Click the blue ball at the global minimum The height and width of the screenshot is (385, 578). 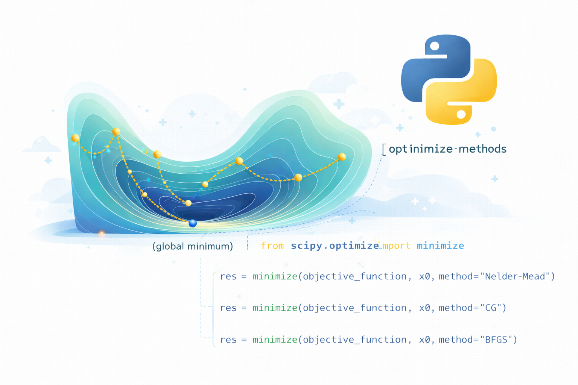(x=193, y=223)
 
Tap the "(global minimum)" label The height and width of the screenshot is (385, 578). (x=193, y=246)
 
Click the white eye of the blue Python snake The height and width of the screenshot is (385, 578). (x=435, y=46)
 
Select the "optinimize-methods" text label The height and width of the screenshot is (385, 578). (x=447, y=149)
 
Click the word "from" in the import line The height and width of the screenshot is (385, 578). (x=272, y=246)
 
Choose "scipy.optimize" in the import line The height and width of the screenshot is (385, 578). (x=335, y=246)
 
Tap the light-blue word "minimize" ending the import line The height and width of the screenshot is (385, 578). (x=440, y=246)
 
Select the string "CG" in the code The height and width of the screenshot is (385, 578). (x=491, y=308)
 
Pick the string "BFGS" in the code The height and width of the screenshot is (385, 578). (x=496, y=340)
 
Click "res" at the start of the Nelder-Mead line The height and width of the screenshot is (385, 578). (x=228, y=277)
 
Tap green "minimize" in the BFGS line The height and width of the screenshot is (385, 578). (x=275, y=340)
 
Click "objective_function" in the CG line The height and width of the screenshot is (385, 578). (x=354, y=308)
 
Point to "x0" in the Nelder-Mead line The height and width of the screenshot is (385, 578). (x=424, y=277)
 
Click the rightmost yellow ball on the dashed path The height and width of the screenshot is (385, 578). (x=342, y=157)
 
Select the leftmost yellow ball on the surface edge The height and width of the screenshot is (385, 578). (x=75, y=138)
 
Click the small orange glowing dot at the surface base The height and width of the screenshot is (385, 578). (x=101, y=234)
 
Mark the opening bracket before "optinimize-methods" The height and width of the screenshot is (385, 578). (x=384, y=149)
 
